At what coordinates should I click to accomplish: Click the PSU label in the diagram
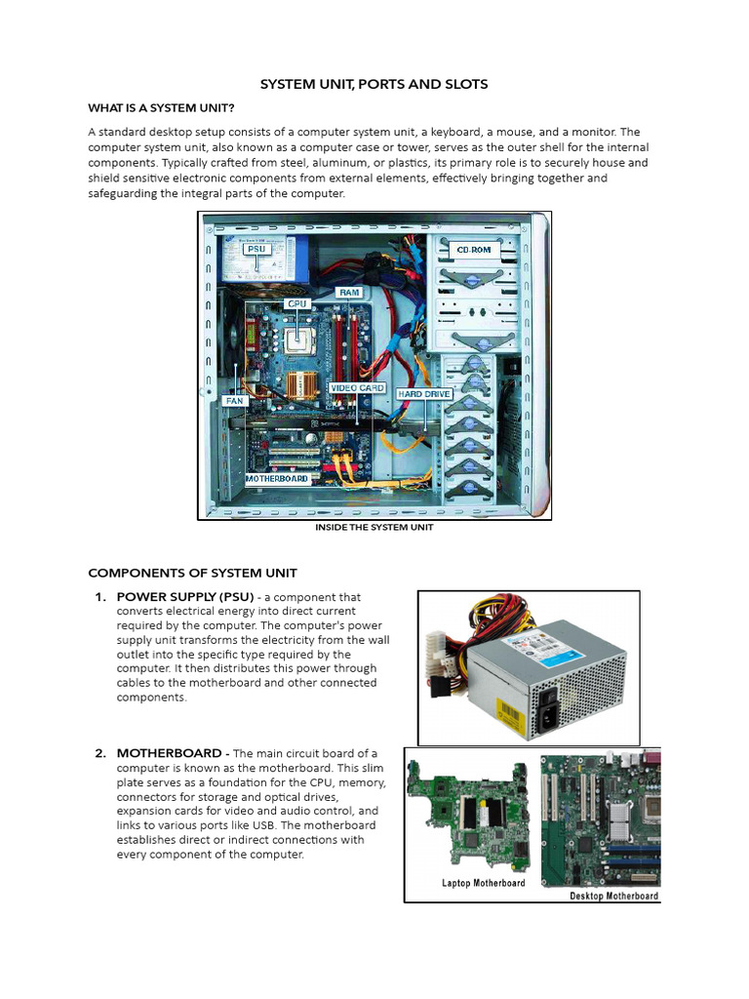[x=256, y=249]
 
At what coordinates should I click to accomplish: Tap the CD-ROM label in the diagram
[x=473, y=251]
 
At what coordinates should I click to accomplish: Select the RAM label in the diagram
[x=348, y=292]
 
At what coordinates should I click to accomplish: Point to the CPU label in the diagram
[x=297, y=303]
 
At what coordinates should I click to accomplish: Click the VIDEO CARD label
[x=358, y=388]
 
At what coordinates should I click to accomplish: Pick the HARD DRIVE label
[x=422, y=394]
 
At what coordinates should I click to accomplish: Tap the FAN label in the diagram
[x=234, y=400]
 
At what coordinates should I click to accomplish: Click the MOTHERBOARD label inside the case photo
[x=277, y=479]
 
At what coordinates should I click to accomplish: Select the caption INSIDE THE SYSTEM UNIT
[x=374, y=527]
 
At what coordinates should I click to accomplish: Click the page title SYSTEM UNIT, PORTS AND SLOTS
[x=374, y=85]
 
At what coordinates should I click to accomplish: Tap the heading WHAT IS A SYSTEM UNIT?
[x=161, y=107]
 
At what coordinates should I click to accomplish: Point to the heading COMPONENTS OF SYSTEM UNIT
[x=192, y=573]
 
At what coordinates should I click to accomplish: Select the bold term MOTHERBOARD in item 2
[x=171, y=753]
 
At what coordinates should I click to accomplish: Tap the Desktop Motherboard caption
[x=613, y=896]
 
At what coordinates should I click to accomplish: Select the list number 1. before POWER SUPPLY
[x=100, y=597]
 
